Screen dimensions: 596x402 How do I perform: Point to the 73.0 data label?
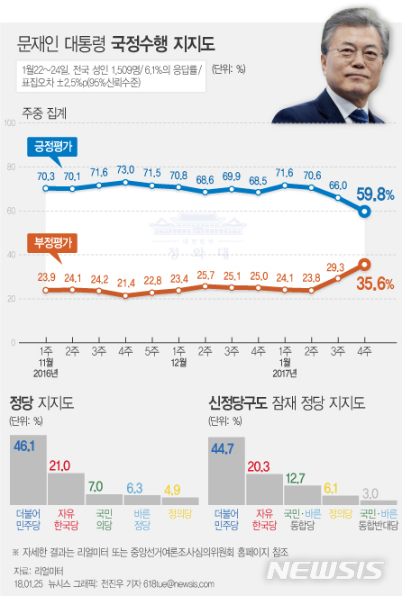(126, 169)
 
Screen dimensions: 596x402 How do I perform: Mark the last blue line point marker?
(364, 212)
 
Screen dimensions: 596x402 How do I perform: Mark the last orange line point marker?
(364, 264)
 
